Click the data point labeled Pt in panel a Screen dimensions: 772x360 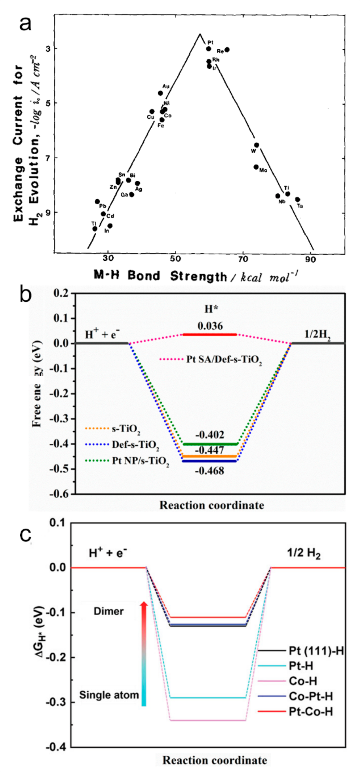pos(208,49)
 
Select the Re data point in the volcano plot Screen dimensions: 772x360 pos(227,50)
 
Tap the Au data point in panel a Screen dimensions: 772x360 pos(160,93)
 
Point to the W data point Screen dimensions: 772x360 pos(256,145)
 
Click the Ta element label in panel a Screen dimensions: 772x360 pos(300,206)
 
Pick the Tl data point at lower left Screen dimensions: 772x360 pos(95,229)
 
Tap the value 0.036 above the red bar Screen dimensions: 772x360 pos(210,326)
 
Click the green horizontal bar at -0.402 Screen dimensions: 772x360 pos(210,444)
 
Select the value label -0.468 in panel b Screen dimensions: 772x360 pos(210,471)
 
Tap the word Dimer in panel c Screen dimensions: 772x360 pos(108,611)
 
